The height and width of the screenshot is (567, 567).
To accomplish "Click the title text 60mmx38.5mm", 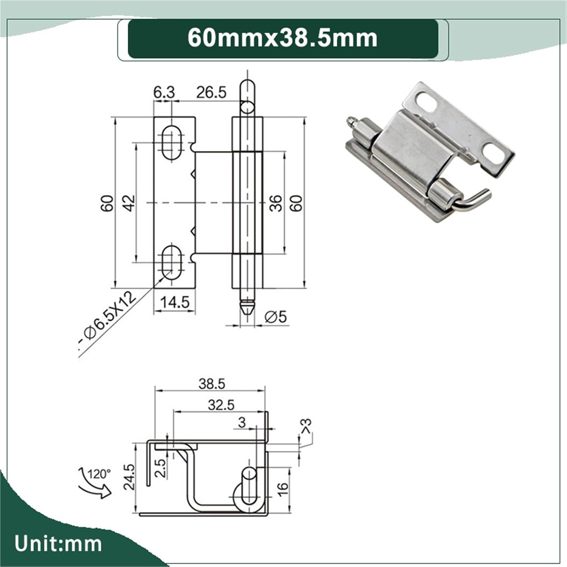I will (x=282, y=38).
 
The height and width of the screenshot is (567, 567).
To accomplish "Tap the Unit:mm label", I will (x=58, y=544).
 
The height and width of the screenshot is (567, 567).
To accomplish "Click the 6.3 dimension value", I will (x=164, y=92).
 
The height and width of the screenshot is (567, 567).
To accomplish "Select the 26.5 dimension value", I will (x=211, y=92).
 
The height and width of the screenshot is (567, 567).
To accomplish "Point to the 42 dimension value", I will (x=129, y=203).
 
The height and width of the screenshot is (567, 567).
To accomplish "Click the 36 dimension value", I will (x=276, y=203).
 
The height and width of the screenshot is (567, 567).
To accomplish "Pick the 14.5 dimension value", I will (x=175, y=302).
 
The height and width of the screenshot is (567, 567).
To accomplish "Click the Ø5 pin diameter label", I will (x=276, y=317).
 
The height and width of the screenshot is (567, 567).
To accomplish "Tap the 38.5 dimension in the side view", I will (x=212, y=384).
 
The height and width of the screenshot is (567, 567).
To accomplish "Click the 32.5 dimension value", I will (x=221, y=405).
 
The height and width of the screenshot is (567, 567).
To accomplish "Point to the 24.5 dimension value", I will (x=129, y=477).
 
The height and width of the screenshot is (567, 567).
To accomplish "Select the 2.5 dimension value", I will (x=161, y=468).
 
